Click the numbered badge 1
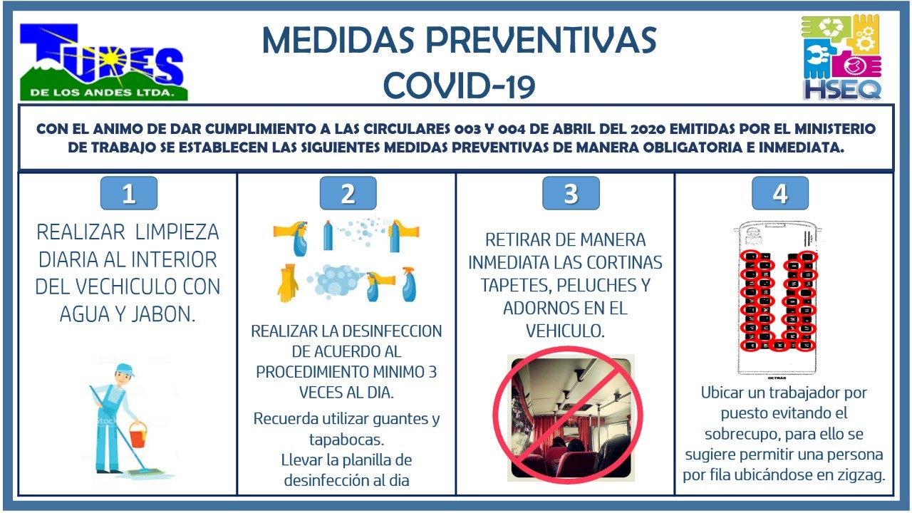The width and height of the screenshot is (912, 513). pos(129,193)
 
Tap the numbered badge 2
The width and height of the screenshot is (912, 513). pos(348,193)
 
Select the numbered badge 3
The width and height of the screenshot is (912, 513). pos(571,193)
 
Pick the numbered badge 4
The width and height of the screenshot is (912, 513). pos(780,193)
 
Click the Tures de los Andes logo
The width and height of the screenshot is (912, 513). pos(104,62)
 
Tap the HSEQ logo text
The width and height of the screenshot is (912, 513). pos(842,90)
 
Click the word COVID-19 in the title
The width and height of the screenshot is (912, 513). pos(459,85)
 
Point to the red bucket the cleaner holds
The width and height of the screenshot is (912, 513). pos(138,435)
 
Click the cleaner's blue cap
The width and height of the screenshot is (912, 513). pos(125,370)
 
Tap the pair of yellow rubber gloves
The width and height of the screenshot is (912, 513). pos(287,283)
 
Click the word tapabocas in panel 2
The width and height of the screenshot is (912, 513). pos(346,440)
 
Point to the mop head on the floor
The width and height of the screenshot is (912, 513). pos(147,472)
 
